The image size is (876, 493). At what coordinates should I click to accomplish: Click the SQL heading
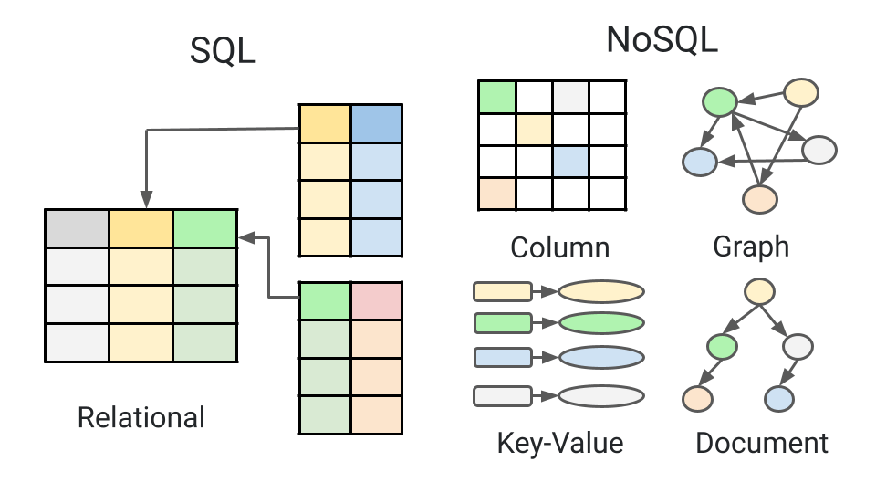pyautogui.click(x=222, y=52)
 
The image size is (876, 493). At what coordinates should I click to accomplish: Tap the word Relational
pyautogui.click(x=141, y=418)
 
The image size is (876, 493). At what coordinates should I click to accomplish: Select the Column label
pyautogui.click(x=559, y=247)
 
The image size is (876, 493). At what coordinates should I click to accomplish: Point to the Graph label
pyautogui.click(x=751, y=246)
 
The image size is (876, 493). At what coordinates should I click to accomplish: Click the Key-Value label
pyautogui.click(x=559, y=444)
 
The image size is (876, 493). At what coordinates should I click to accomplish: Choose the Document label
pyautogui.click(x=762, y=444)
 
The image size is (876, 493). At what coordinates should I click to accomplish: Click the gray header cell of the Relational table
pyautogui.click(x=77, y=228)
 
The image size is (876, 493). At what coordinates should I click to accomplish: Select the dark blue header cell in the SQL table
pyautogui.click(x=376, y=123)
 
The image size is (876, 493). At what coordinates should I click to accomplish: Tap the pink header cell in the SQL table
pyautogui.click(x=376, y=300)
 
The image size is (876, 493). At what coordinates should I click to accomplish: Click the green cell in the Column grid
pyautogui.click(x=497, y=95)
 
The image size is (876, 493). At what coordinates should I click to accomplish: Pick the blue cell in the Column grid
pyautogui.click(x=570, y=162)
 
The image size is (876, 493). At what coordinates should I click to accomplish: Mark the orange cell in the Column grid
pyautogui.click(x=497, y=194)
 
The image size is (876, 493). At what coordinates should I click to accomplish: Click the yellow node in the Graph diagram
pyautogui.click(x=801, y=91)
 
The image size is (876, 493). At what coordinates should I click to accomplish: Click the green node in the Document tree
pyautogui.click(x=722, y=346)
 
